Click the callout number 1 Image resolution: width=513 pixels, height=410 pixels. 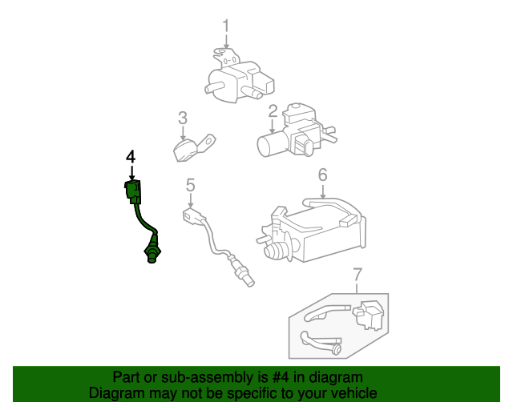[225, 26]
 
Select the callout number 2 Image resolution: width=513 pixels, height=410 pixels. [273, 111]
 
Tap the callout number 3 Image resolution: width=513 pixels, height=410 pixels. [183, 119]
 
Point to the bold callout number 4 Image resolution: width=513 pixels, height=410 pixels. [131, 155]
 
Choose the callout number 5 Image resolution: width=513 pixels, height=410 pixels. [191, 185]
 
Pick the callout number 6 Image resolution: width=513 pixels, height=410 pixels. [322, 175]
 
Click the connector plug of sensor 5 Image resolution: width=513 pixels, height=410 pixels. [192, 216]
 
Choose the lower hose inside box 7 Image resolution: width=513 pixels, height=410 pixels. [321, 342]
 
